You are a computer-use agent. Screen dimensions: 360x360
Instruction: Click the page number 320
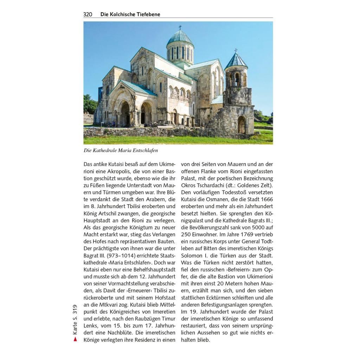pyautogui.click(x=88, y=14)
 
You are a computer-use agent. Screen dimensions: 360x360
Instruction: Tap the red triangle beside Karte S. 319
pyautogui.click(x=75, y=339)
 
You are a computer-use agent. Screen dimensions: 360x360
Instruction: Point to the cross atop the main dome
pyautogui.click(x=180, y=27)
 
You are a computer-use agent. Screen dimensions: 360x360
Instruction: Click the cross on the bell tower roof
pyautogui.click(x=236, y=51)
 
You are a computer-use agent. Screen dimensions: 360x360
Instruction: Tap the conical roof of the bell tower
pyautogui.click(x=236, y=61)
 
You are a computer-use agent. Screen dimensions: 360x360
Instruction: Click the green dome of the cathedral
pyautogui.click(x=180, y=38)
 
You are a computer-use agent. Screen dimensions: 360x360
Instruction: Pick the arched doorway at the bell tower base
pyautogui.click(x=242, y=125)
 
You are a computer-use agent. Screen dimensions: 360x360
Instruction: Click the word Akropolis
pyautogui.click(x=120, y=171)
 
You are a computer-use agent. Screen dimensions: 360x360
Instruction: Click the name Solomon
pyautogui.click(x=192, y=256)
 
